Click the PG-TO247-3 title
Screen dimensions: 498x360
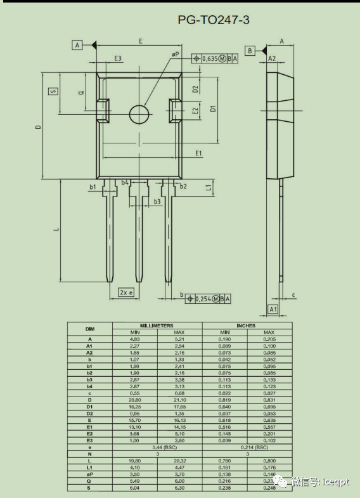(214, 20)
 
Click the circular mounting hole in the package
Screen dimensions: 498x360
(139, 114)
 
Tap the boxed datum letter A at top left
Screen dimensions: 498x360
(77, 45)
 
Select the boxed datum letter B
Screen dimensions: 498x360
(250, 50)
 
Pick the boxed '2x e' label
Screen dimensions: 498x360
(126, 292)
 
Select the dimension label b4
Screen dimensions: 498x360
(125, 183)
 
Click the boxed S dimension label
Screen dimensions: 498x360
(53, 91)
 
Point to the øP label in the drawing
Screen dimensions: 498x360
(176, 55)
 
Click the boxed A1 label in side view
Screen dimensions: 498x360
(273, 309)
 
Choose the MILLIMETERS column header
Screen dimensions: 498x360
(157, 325)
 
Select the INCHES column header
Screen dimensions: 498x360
(247, 325)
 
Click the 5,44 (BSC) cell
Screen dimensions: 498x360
(157, 447)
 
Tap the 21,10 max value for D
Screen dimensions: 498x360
(179, 400)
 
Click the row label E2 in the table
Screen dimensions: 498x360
(89, 433)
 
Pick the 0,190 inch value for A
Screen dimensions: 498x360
(224, 339)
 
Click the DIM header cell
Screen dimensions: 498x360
(89, 329)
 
